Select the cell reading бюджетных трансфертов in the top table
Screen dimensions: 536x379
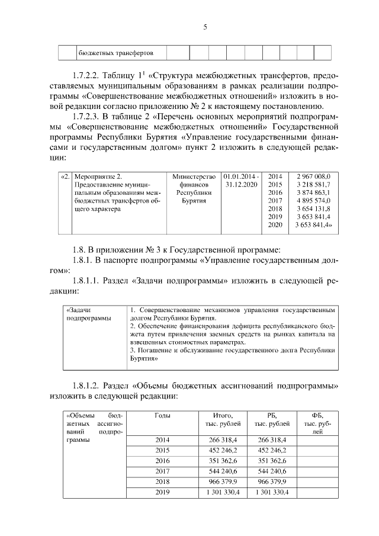click(x=116, y=53)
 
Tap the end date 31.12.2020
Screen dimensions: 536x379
click(x=241, y=185)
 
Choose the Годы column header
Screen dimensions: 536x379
click(x=162, y=415)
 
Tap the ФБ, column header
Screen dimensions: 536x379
click(x=317, y=415)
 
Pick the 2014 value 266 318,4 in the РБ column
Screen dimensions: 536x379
click(x=271, y=440)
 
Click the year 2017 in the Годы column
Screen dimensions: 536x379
click(x=162, y=471)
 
